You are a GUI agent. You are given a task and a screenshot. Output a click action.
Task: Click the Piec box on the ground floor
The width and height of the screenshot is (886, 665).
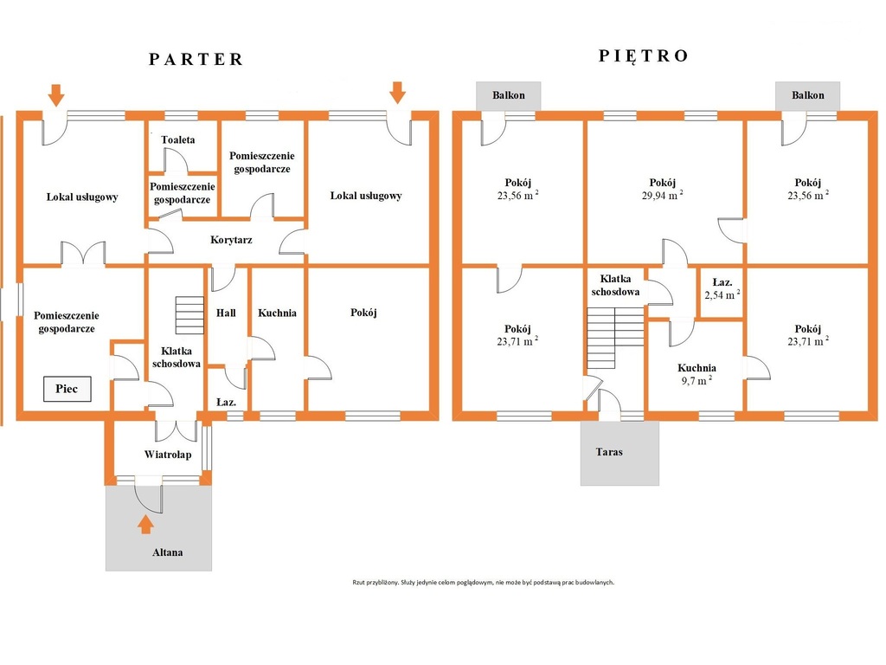click(67, 389)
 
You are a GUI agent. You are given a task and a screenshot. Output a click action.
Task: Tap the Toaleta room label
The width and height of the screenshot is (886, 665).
click(178, 139)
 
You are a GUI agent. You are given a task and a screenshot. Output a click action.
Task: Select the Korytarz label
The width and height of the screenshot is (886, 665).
click(231, 240)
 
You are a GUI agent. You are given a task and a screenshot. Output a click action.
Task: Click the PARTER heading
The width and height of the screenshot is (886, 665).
click(196, 60)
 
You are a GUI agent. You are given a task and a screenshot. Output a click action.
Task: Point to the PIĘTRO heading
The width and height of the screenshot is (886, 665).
click(644, 55)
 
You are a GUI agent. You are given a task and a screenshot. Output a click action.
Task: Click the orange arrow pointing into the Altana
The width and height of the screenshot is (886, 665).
click(145, 524)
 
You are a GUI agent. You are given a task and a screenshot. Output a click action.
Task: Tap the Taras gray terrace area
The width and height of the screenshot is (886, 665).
click(620, 453)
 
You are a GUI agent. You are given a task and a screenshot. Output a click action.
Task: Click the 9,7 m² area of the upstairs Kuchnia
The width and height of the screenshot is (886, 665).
click(697, 381)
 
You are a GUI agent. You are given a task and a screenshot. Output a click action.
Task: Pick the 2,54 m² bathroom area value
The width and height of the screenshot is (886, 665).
click(722, 294)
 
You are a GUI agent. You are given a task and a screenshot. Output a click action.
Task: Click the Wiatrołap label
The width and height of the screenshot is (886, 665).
click(168, 455)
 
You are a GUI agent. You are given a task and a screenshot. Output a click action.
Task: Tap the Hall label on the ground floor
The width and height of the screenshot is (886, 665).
click(226, 313)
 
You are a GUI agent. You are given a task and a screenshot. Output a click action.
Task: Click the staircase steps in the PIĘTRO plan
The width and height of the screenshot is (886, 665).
click(615, 339)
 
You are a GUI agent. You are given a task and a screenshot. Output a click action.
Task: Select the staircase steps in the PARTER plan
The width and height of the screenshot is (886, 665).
click(189, 315)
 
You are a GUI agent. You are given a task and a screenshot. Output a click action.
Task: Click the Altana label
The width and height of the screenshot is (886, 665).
click(167, 552)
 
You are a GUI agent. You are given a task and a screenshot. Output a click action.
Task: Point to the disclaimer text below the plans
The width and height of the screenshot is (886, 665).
click(483, 582)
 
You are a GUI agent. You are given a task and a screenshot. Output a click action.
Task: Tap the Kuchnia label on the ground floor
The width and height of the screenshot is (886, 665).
click(277, 313)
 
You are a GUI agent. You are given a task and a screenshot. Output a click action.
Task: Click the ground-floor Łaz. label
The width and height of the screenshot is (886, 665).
click(226, 403)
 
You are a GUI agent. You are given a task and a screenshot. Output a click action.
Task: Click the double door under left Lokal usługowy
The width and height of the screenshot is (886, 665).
click(83, 253)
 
